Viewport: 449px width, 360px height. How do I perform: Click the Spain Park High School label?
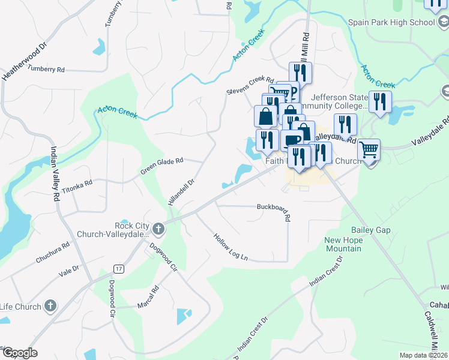(391, 23)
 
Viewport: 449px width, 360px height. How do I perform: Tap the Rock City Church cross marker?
(158, 228)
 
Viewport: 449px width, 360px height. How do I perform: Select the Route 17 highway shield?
(119, 269)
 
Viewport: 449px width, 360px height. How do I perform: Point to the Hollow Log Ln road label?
(231, 247)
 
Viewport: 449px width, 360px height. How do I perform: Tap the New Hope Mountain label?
(343, 244)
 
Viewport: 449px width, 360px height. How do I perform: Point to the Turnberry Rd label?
(46, 70)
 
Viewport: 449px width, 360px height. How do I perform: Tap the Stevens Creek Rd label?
(250, 85)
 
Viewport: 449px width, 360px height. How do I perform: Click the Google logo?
(20, 353)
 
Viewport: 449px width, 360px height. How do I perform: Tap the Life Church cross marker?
(49, 307)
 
